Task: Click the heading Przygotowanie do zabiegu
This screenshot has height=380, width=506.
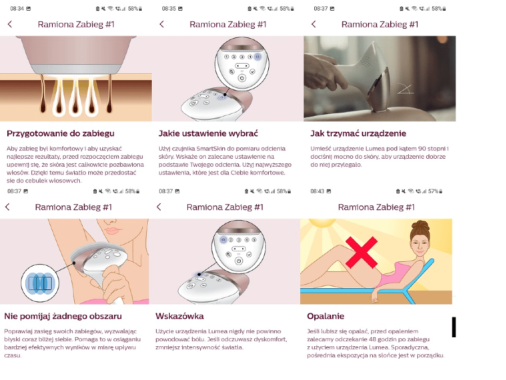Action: [x=60, y=133]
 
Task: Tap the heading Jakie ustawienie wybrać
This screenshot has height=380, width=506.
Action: [x=208, y=133]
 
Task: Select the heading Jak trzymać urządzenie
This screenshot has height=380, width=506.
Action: [x=358, y=133]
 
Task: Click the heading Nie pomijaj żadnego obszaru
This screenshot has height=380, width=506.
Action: [x=63, y=316]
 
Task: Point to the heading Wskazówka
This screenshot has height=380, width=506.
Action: [x=179, y=316]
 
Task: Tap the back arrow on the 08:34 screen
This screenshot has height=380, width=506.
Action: [x=10, y=24]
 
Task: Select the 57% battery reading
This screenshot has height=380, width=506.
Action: [x=433, y=191]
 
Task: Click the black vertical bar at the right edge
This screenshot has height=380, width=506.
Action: [x=453, y=327]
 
